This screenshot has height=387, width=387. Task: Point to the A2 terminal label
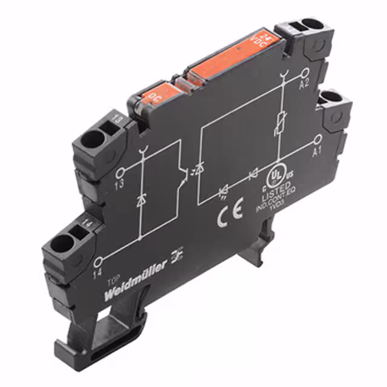click(305, 85)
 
